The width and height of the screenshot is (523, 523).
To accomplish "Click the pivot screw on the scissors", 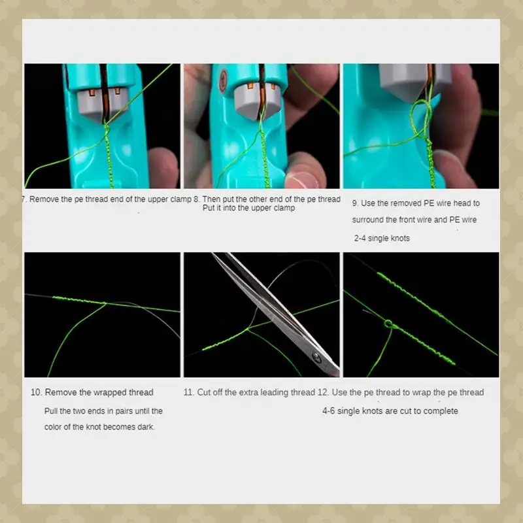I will (x=316, y=356).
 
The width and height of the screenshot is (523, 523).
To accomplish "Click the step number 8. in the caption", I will (x=197, y=199).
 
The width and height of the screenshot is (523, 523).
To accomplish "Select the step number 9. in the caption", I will (x=355, y=203).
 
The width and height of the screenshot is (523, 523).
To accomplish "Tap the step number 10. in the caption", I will (x=37, y=392).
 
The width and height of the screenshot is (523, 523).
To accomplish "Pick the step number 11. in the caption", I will (x=189, y=392).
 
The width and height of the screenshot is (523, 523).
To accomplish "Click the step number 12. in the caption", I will (x=324, y=392).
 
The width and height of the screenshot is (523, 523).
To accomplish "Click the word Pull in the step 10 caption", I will (x=52, y=411).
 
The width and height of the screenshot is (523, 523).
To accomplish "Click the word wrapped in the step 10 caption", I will (x=109, y=392).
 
